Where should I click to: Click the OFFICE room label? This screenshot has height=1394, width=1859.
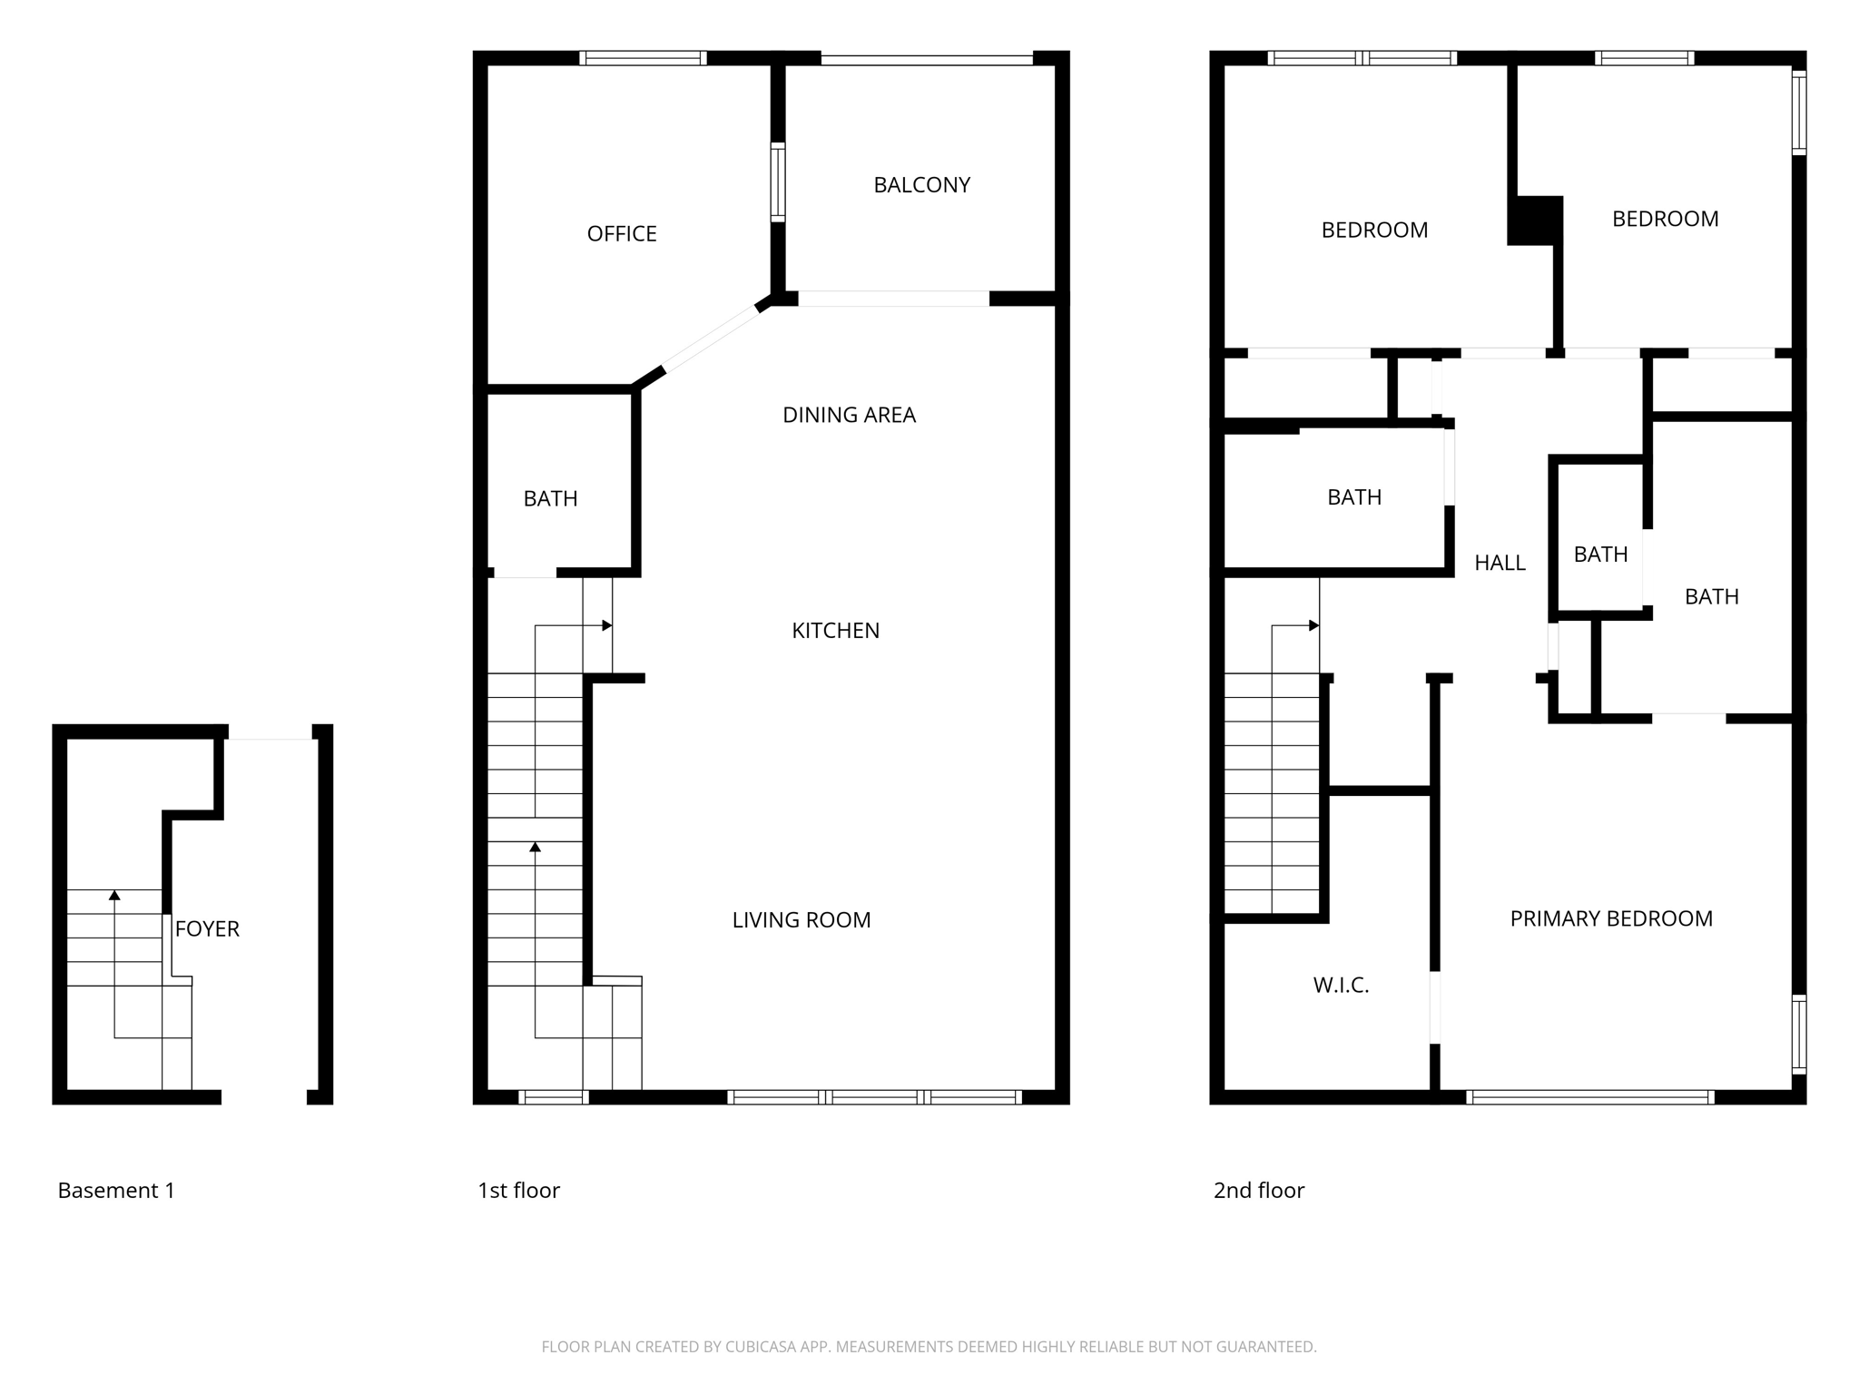tap(622, 234)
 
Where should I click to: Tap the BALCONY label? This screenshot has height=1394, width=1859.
tap(922, 185)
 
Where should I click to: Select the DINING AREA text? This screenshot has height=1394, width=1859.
tap(850, 415)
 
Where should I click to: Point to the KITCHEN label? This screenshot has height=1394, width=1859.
tap(836, 631)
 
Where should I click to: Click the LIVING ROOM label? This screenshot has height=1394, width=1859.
tap(802, 920)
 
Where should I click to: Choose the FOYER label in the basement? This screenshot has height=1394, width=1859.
tap(207, 929)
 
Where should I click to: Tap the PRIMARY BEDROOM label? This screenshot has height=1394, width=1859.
tap(1611, 918)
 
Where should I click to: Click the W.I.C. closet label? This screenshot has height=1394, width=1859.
tap(1341, 986)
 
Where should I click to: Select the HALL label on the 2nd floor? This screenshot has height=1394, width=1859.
tap(1500, 564)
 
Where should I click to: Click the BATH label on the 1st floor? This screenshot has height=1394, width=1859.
tap(550, 498)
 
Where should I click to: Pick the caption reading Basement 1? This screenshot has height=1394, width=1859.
tap(116, 1191)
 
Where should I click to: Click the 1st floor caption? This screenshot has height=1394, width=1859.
tap(518, 1191)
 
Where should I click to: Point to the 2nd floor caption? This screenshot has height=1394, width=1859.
tap(1258, 1191)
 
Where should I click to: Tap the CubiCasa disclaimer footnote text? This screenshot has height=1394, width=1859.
tap(929, 1347)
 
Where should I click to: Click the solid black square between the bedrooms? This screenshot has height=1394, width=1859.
tap(1534, 221)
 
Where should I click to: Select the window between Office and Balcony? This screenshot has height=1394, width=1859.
tap(778, 182)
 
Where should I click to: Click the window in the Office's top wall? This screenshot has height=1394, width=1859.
tap(643, 58)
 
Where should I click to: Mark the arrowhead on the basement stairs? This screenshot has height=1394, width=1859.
tap(114, 896)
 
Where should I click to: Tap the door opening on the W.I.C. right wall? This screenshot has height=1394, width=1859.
tap(1435, 1007)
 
